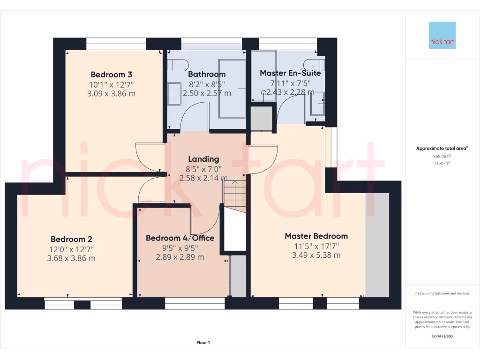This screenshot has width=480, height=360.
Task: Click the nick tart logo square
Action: (442, 35)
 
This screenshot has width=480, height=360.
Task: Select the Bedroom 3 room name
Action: (111, 75)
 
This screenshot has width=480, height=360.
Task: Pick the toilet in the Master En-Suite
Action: (313, 64)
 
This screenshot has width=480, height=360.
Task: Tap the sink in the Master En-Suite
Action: (318, 104)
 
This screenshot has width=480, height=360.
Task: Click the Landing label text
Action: (203, 159)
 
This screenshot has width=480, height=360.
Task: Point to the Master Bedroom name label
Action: (316, 236)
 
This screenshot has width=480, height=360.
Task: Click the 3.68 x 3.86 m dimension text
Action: (71, 258)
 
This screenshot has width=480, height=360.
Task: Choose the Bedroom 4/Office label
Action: (180, 238)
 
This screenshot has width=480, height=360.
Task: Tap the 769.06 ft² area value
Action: (442, 157)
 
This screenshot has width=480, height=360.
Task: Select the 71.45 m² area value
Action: (442, 163)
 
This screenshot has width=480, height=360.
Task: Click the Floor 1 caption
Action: (203, 343)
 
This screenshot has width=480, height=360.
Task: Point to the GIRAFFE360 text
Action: (442, 336)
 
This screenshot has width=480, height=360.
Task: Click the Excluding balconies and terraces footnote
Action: (442, 293)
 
